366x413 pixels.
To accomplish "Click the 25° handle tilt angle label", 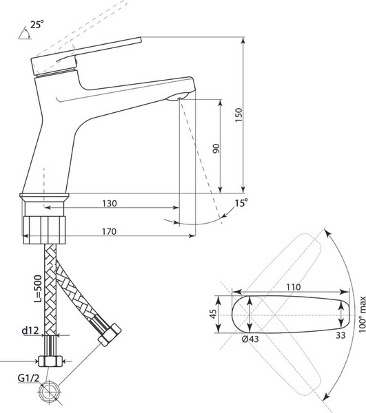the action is (37, 25).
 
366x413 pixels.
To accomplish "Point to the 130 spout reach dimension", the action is (110, 203).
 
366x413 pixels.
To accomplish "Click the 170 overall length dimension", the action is (109, 231).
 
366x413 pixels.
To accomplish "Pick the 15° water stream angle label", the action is (242, 203).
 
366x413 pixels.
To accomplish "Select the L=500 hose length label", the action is (39, 288).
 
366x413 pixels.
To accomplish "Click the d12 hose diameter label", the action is (30, 330).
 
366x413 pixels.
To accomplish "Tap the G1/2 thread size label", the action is (28, 378).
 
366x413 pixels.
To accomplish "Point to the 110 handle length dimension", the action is (294, 287).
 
